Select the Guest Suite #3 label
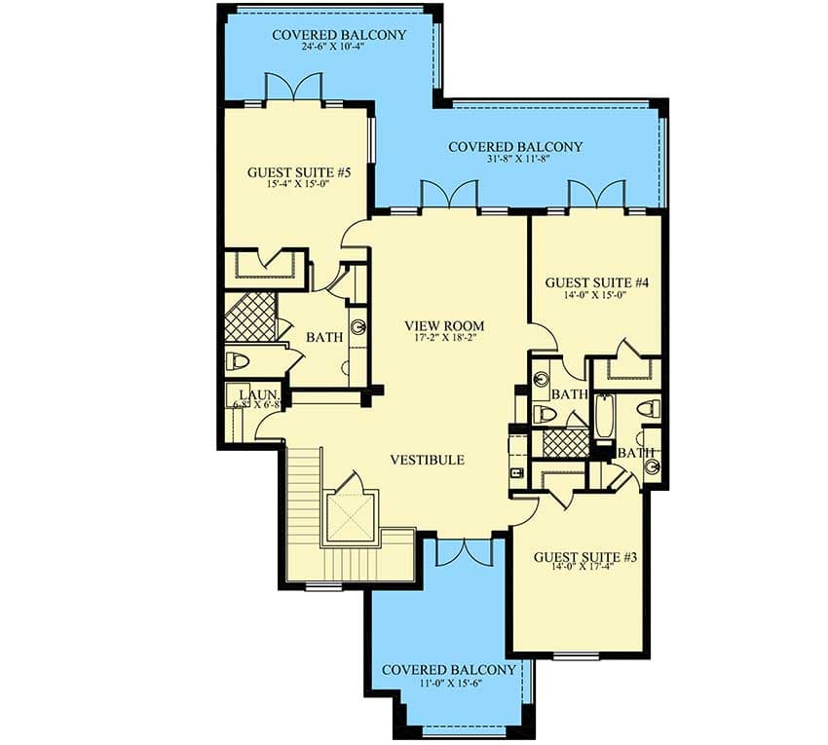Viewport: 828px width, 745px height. (585, 558)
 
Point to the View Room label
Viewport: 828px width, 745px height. (444, 326)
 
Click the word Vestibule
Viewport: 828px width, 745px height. (427, 460)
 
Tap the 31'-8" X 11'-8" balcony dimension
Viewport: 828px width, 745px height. (514, 162)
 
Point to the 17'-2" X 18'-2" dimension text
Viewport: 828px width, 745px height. (444, 340)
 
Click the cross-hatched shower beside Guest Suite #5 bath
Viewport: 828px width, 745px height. (250, 316)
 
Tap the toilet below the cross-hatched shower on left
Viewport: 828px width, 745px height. (239, 361)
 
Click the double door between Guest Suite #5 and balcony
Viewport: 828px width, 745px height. (293, 89)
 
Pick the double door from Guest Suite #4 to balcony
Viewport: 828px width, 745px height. (596, 195)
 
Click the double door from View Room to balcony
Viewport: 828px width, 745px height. (448, 195)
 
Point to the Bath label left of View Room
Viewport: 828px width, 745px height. (324, 338)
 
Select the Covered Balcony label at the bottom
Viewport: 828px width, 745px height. (448, 671)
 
